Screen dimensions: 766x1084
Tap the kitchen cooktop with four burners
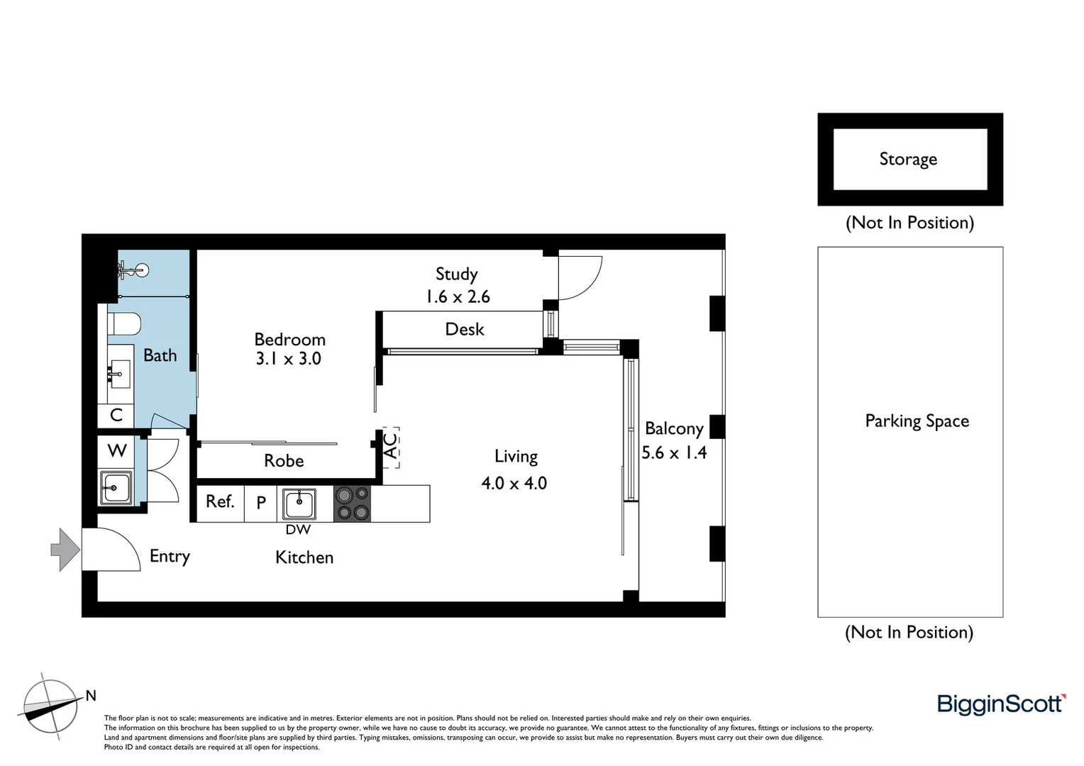pos(352,504)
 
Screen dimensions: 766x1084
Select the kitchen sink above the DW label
pos(299,504)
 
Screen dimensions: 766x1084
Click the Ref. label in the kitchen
pos(220,502)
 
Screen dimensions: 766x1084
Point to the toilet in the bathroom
pos(124,324)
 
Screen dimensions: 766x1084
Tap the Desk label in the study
pos(465,330)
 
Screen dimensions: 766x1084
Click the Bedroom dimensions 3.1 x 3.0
pos(289,359)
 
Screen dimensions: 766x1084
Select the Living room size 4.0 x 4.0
pos(514,484)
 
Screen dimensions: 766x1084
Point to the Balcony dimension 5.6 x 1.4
pos(674,453)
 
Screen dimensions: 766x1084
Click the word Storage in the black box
pos(908,160)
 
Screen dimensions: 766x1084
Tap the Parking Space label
pos(917,421)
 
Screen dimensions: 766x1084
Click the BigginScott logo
pos(1001,704)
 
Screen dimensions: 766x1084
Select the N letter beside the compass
pos(91,696)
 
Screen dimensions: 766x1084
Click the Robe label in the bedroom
pos(284,461)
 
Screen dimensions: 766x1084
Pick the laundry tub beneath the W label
pos(116,487)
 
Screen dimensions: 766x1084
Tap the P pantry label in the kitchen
pos(261,503)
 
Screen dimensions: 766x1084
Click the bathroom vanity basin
pos(119,370)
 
